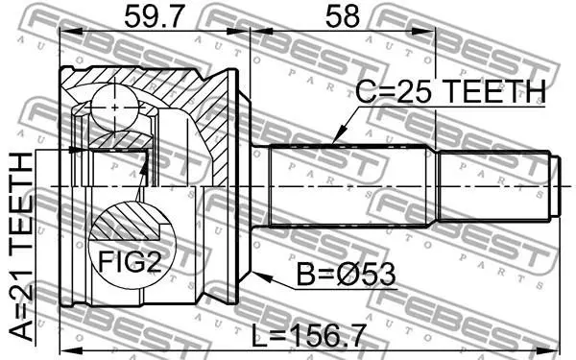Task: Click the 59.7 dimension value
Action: pos(153,17)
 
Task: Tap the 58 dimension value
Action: pos(343,17)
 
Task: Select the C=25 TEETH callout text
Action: pos(451,91)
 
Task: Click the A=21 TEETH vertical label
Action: pos(21,247)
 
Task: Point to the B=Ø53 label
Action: pos(346,275)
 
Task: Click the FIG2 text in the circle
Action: pos(130,261)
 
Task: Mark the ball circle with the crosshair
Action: pos(115,108)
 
